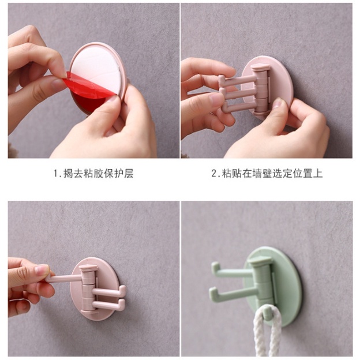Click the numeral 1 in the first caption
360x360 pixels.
55,174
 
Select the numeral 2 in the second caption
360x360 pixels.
213,174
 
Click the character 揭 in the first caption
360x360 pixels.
69,174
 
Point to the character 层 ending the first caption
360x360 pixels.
129,174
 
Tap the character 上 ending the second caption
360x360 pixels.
317,174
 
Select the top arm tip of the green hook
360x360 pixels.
215,267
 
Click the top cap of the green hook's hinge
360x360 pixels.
260,261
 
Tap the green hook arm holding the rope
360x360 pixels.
267,313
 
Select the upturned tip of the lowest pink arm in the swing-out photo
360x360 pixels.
122,303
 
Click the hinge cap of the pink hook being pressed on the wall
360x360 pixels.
260,67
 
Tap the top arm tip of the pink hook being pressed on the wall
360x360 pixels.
221,78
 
